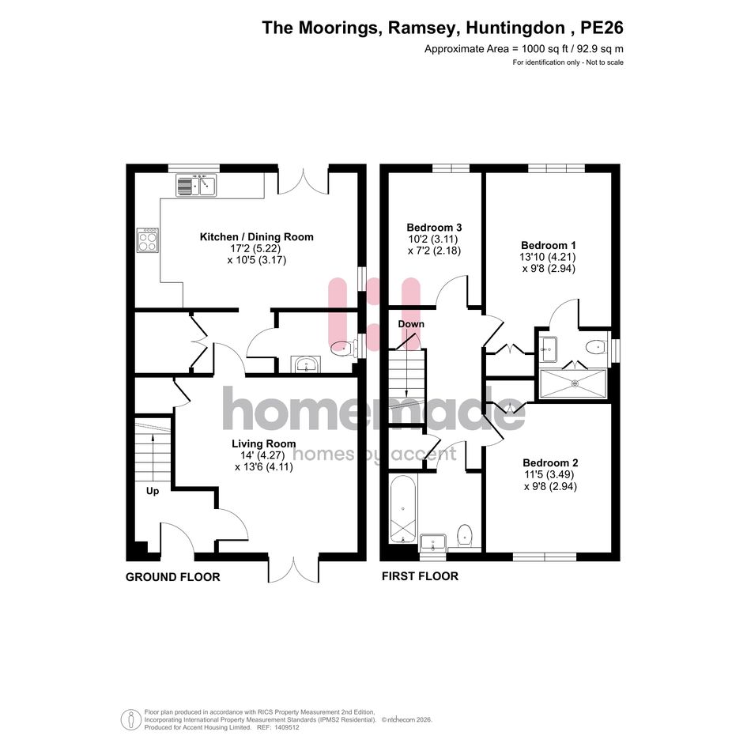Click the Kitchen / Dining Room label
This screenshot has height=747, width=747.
click(x=256, y=237)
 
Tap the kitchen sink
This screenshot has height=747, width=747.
click(x=196, y=185)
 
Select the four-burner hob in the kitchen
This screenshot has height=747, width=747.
click(x=148, y=240)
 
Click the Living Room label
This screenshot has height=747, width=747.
click(x=264, y=443)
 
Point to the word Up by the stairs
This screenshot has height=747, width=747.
click(x=153, y=491)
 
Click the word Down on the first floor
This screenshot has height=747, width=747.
click(x=411, y=324)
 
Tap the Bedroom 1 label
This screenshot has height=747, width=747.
click(x=549, y=245)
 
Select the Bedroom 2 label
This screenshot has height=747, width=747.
click(x=550, y=462)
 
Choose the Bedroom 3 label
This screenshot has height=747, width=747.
click(x=435, y=227)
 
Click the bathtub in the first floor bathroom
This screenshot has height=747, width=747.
click(x=403, y=509)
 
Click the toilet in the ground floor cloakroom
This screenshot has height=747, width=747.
click(x=344, y=349)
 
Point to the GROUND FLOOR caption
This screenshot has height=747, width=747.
click(x=173, y=577)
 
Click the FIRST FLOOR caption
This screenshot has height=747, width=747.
click(x=421, y=576)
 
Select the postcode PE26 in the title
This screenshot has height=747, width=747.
click(x=602, y=28)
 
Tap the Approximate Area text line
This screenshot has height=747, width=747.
click(x=524, y=48)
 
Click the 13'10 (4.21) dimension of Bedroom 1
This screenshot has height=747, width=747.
click(x=548, y=257)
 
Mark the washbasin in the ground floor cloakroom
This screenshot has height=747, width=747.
click(x=306, y=364)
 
